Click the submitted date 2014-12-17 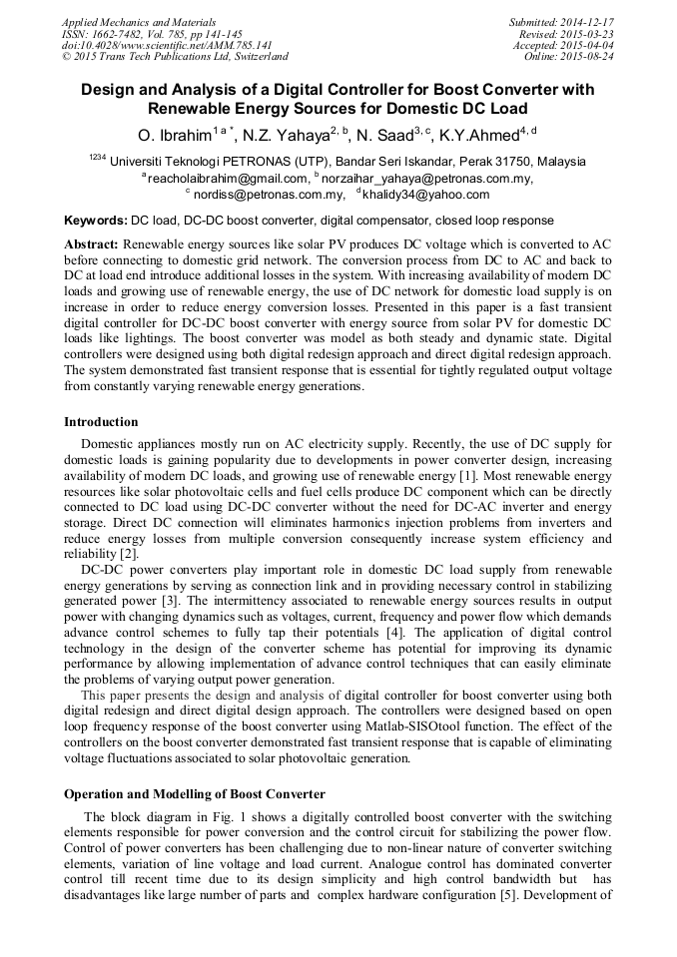click(586, 22)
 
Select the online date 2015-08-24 click(587, 58)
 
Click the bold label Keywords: click(96, 220)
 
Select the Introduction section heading click(101, 422)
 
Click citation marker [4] click(394, 634)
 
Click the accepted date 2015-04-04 click(587, 46)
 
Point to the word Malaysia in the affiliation click(557, 162)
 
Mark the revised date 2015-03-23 click(587, 34)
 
